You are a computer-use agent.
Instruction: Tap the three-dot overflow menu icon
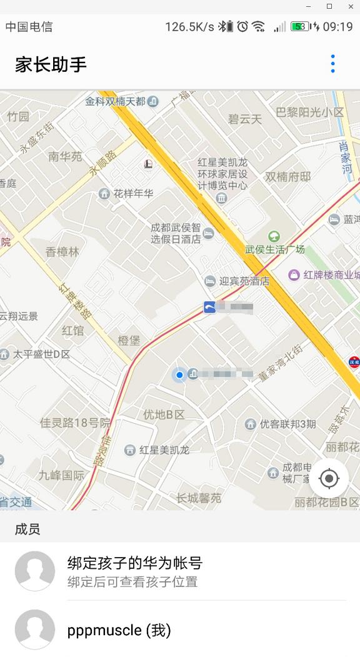(332, 64)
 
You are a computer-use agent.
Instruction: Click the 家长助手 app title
(51, 64)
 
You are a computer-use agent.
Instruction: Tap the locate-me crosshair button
(329, 479)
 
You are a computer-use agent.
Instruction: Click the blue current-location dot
(179, 375)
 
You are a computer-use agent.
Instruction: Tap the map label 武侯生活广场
(275, 249)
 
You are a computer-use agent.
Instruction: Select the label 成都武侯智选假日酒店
(176, 233)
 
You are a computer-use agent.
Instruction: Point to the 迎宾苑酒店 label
(244, 281)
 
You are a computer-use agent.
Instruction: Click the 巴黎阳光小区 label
(310, 113)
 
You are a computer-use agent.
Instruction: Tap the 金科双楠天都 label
(116, 101)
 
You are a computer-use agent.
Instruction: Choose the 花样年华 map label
(133, 193)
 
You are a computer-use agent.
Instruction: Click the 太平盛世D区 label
(42, 354)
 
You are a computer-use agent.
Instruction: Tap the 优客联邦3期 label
(287, 424)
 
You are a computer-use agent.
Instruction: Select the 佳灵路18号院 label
(75, 423)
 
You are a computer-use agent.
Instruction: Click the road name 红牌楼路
(74, 302)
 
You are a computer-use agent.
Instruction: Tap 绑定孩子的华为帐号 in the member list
(135, 563)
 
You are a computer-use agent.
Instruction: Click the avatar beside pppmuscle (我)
(35, 629)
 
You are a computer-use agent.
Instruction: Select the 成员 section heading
(27, 529)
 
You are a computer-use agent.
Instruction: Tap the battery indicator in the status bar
(300, 27)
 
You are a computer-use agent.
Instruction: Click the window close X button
(350, 6)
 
